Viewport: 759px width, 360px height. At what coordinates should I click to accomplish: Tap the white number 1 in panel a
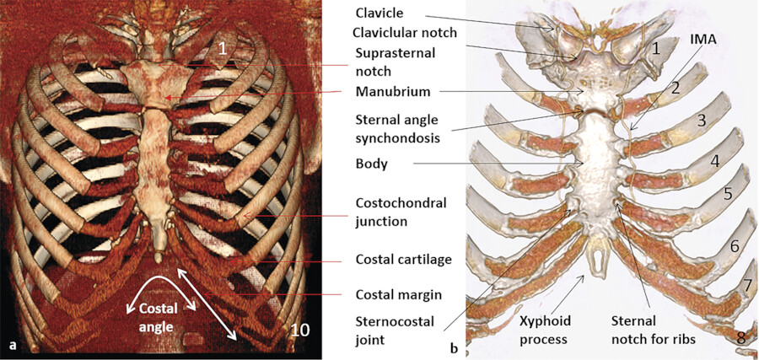221,50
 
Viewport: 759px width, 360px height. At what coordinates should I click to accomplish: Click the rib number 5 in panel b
728,193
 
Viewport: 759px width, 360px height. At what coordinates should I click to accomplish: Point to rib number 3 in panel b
700,121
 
